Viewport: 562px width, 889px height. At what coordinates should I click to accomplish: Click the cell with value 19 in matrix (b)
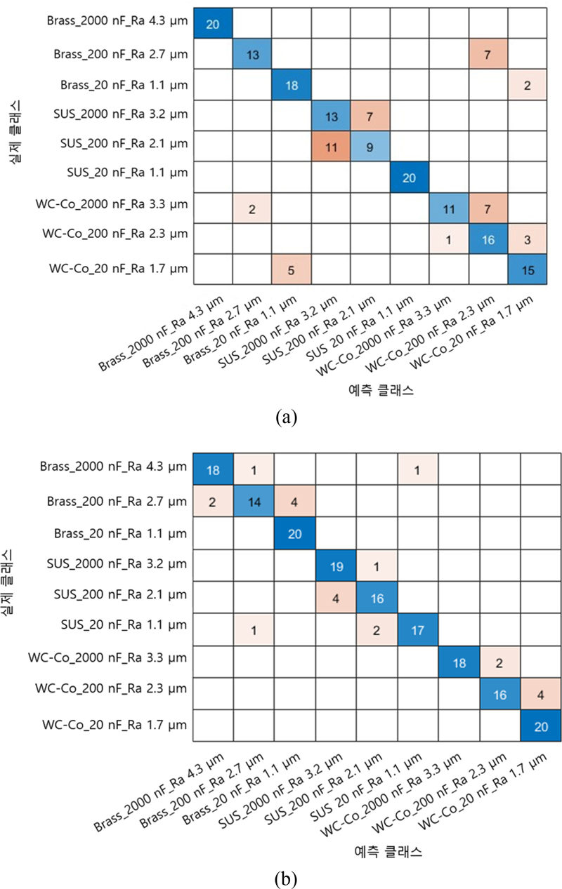tap(335, 567)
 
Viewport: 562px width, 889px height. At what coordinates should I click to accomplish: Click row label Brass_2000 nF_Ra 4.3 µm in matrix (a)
tap(118, 21)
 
